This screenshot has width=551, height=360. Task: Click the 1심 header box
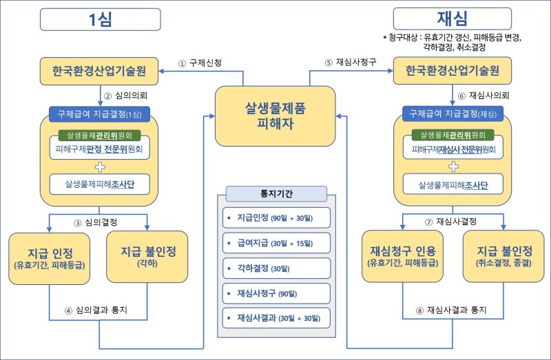point(100,19)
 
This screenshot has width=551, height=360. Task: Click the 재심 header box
point(452,18)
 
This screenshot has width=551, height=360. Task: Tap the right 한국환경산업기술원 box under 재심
point(453,71)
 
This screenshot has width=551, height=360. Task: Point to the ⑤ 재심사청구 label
point(351,63)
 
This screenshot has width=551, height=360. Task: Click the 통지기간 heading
point(275,193)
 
